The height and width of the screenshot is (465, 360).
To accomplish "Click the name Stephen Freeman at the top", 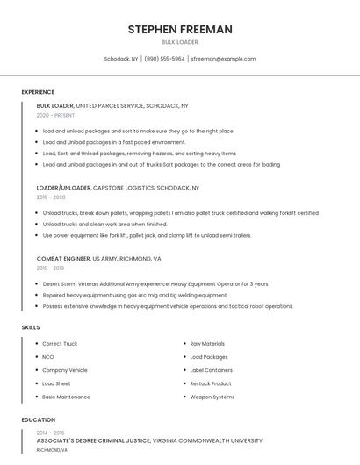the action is coord(180,29).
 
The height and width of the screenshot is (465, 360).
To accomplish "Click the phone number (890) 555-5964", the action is coord(164,59).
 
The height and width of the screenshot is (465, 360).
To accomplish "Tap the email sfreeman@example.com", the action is coord(223,59).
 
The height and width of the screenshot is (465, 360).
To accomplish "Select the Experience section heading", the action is coord(38,92).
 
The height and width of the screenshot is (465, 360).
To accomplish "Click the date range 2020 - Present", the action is coord(55,115).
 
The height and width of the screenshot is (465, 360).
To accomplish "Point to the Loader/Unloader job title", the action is coord(63,188).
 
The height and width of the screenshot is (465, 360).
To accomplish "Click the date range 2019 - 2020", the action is coord(52,197).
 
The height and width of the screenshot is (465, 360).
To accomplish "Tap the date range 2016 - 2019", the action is coord(52,268).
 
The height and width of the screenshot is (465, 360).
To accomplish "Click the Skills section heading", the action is coord(31,327).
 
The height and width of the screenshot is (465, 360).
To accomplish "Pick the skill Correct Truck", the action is coord(60,344).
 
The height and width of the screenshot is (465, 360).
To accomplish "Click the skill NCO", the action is coord(48,357).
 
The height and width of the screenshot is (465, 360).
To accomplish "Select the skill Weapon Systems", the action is coord(212,397).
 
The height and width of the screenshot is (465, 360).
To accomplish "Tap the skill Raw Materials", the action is coord(207,344).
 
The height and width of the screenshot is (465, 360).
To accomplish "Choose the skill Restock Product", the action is coord(211,383).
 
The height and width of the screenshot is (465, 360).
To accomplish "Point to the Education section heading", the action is coord(39,420).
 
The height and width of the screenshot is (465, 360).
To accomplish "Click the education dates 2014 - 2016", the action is coord(50,433).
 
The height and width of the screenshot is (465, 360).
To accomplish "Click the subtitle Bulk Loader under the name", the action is coord(180,42).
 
